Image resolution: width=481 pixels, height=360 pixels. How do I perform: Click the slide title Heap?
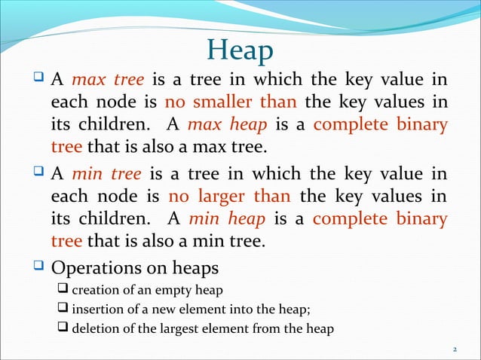click(x=240, y=50)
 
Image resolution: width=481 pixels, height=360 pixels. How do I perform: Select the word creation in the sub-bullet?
click(x=95, y=289)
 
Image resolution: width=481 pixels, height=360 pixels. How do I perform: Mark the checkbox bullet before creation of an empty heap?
click(x=63, y=289)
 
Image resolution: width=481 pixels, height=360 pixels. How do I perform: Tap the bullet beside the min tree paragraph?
click(x=39, y=175)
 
